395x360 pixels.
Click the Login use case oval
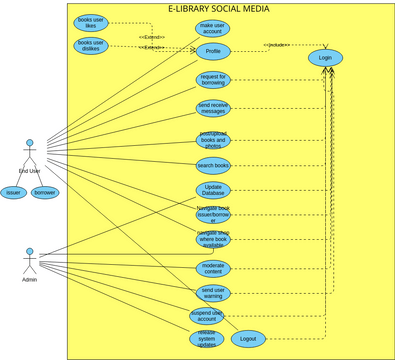(x=324, y=58)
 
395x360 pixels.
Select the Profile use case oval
(x=213, y=51)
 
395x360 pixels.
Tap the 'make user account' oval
(x=213, y=28)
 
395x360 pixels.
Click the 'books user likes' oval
(x=91, y=22)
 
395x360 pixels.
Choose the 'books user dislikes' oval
(x=91, y=45)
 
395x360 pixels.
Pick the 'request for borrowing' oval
(x=213, y=80)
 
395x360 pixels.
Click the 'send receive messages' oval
(x=213, y=108)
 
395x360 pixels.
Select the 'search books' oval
(x=213, y=165)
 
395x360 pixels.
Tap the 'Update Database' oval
(x=213, y=190)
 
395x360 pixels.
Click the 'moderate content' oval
(x=213, y=268)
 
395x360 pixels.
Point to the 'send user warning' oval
(x=213, y=293)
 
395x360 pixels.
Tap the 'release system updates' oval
(x=206, y=339)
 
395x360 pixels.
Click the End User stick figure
(x=30, y=155)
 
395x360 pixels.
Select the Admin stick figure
(x=30, y=262)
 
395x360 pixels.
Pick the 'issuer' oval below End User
(x=13, y=192)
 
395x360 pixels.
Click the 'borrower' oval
(x=45, y=192)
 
